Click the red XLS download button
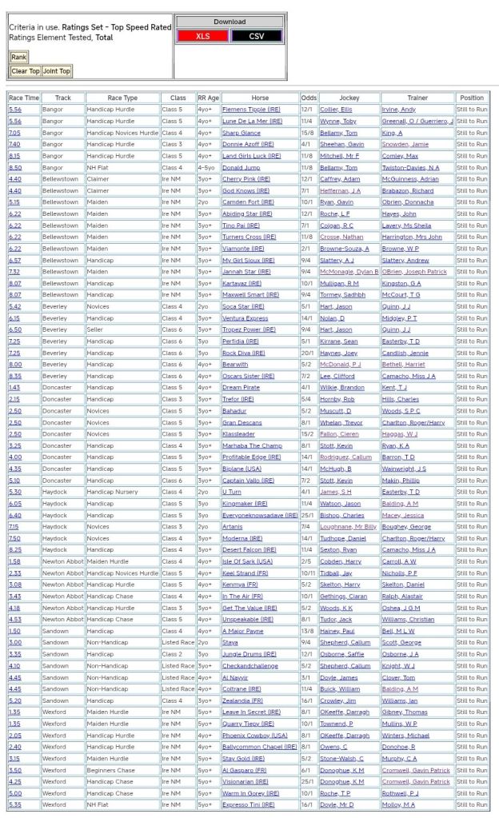[x=202, y=36]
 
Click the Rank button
[x=18, y=57]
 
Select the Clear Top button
[x=25, y=71]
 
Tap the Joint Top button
[x=56, y=71]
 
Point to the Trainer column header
[x=417, y=98]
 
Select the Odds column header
[x=309, y=98]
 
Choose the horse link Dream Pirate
[x=241, y=387]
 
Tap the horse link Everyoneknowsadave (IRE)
[x=260, y=515]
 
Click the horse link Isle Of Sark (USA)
[x=248, y=561]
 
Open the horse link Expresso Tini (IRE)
[x=250, y=804]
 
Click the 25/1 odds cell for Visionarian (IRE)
[x=309, y=781]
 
